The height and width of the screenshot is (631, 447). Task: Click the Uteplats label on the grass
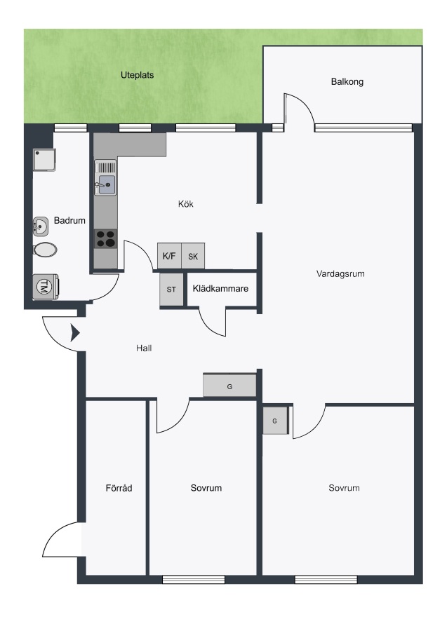[x=137, y=75]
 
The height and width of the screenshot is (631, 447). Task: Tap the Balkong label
[x=347, y=82]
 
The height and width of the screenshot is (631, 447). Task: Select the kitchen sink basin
[x=107, y=184]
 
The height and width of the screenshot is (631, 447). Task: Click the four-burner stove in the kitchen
[x=106, y=238]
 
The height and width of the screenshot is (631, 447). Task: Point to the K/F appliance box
[x=169, y=256]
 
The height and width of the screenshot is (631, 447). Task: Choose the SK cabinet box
[x=193, y=256]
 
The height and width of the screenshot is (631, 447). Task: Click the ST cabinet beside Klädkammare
[x=171, y=290]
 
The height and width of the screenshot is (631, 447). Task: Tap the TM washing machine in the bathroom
[x=45, y=287]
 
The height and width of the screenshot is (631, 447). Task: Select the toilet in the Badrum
[x=45, y=250]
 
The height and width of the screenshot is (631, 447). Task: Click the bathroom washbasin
[x=41, y=226]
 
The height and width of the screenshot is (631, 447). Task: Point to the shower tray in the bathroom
[x=44, y=160]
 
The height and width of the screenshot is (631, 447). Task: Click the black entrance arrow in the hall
[x=75, y=333]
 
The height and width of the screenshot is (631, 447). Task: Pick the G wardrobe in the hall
[x=229, y=386]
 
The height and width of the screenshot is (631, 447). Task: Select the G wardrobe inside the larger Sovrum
[x=276, y=421]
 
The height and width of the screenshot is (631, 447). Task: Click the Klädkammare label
[x=220, y=289]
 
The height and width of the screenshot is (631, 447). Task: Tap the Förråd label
[x=119, y=488]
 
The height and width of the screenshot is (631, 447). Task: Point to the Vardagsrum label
[x=340, y=274]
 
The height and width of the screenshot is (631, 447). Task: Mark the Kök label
[x=186, y=204]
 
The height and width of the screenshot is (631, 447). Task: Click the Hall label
[x=144, y=348]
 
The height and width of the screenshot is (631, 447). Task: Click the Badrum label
[x=69, y=221]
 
